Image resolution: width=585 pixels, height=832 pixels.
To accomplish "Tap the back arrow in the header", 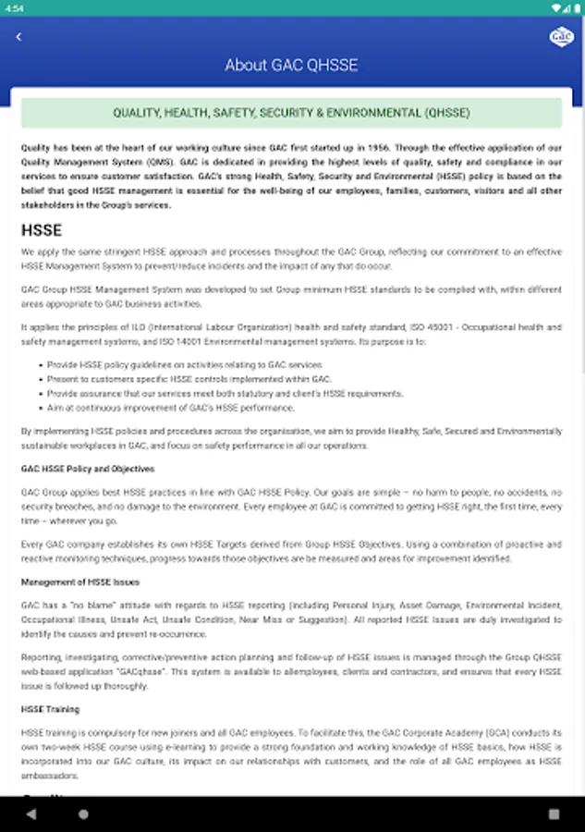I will pyautogui.click(x=18, y=37).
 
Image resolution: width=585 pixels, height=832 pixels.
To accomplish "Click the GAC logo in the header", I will pyautogui.click(x=561, y=37).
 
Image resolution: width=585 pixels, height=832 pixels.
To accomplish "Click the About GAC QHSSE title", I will pyautogui.click(x=291, y=66).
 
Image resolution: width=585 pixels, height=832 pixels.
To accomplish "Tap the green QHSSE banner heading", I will pyautogui.click(x=291, y=113).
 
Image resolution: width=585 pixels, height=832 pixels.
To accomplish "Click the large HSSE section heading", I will pyautogui.click(x=42, y=230).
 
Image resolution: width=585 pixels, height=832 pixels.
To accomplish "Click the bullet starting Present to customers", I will pyautogui.click(x=189, y=379).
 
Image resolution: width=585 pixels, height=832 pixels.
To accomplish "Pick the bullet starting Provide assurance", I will pyautogui.click(x=225, y=393).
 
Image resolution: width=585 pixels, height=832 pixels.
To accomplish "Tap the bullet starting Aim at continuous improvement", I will pyautogui.click(x=171, y=408).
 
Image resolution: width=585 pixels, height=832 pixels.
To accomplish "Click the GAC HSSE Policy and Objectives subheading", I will pyautogui.click(x=88, y=469).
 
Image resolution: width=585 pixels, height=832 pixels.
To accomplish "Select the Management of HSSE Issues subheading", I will pyautogui.click(x=80, y=581).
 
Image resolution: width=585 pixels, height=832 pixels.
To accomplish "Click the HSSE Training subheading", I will pyautogui.click(x=51, y=709).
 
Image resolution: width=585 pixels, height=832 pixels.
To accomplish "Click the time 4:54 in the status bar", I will pyautogui.click(x=14, y=7).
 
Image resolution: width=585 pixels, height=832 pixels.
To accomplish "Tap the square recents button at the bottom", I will pyautogui.click(x=554, y=814).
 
